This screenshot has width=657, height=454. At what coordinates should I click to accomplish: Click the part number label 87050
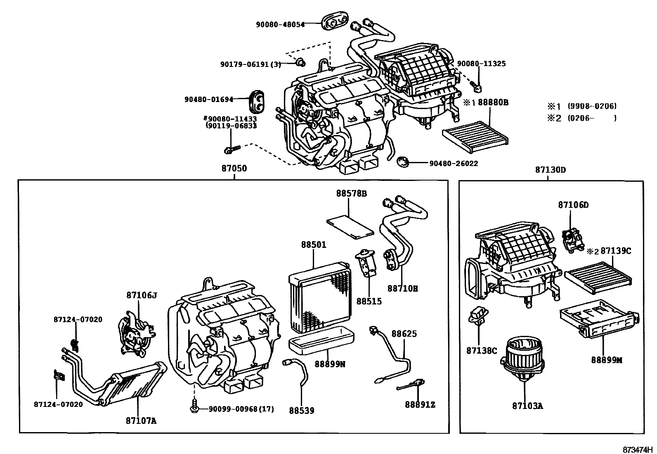[234, 169]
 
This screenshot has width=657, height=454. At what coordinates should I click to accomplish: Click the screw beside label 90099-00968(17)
[195, 408]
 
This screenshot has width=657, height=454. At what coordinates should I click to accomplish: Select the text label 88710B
[402, 288]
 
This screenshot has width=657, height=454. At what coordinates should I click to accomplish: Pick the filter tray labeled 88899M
[598, 322]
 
